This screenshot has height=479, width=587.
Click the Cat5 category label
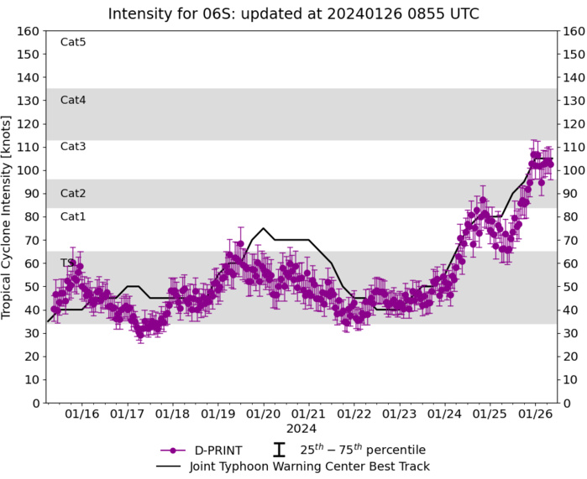click(x=73, y=42)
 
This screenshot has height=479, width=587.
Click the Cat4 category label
click(x=73, y=100)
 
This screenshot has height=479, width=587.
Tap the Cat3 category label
click(x=73, y=147)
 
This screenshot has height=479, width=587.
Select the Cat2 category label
click(x=73, y=193)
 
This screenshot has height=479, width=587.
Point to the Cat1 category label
click(x=73, y=216)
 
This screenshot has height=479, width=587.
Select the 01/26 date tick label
click(x=536, y=414)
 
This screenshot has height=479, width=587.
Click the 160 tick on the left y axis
click(x=29, y=31)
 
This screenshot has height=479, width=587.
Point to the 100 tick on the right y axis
click(x=574, y=170)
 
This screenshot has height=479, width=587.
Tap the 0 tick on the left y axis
click(x=35, y=404)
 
